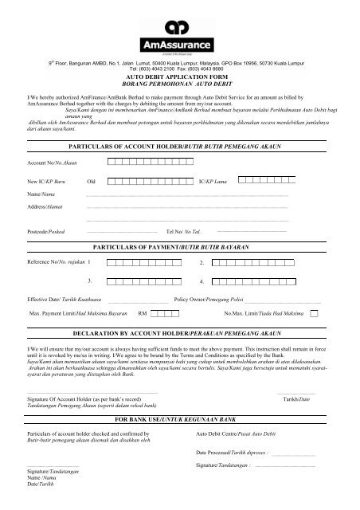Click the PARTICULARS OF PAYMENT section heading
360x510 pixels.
(178, 249)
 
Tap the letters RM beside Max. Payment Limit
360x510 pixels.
(143, 314)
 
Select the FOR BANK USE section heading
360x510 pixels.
(178, 418)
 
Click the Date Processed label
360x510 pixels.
(232, 451)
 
